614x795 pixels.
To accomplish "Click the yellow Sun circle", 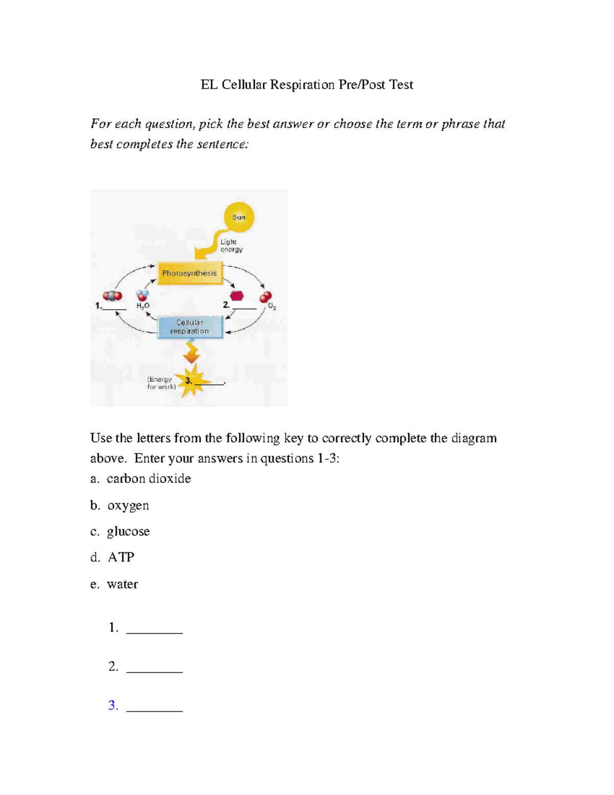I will pyautogui.click(x=239, y=217).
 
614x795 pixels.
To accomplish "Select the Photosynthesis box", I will pyautogui.click(x=189, y=273).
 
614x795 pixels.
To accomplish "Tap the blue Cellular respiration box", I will pyautogui.click(x=190, y=327).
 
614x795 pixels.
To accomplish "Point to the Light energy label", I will pyautogui.click(x=231, y=246).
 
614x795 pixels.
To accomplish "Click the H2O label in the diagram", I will pyautogui.click(x=143, y=306).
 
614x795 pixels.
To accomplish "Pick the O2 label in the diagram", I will pyautogui.click(x=272, y=307).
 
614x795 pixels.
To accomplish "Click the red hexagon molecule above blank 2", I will pyautogui.click(x=236, y=296).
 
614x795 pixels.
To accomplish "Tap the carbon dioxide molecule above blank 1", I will pyautogui.click(x=113, y=296).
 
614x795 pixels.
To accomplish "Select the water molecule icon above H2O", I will pyautogui.click(x=142, y=295).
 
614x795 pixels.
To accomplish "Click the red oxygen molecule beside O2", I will pyautogui.click(x=266, y=297).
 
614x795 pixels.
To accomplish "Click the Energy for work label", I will pyautogui.click(x=161, y=383).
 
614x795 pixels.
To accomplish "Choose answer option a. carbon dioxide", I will pyautogui.click(x=141, y=479).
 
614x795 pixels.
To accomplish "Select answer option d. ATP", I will pyautogui.click(x=113, y=557).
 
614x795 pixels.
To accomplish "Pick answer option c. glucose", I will pyautogui.click(x=120, y=531).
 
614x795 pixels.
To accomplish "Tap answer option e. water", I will pyautogui.click(x=114, y=584).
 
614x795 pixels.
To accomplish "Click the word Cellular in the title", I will pyautogui.click(x=244, y=84).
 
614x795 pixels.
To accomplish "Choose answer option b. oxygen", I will pyautogui.click(x=120, y=505).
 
